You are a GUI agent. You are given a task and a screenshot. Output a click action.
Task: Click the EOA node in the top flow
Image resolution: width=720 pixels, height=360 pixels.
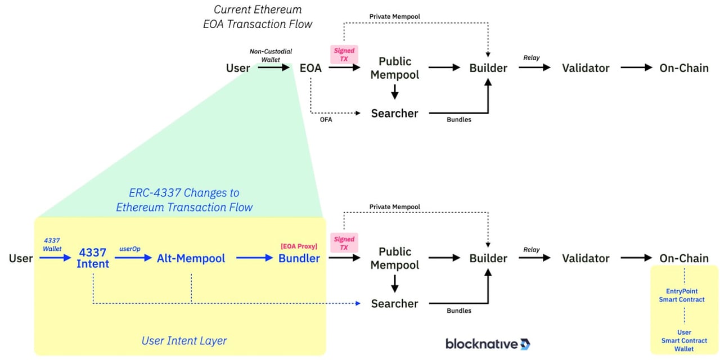tap(310, 68)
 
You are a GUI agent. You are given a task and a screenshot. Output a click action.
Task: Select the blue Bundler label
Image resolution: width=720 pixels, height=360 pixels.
tap(299, 258)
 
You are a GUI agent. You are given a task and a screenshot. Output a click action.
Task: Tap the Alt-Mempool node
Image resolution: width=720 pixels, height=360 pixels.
tap(191, 258)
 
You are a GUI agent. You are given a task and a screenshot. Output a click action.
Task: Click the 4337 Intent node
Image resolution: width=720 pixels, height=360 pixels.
tap(93, 258)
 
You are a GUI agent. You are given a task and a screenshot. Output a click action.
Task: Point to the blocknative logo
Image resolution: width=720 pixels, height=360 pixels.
tap(487, 344)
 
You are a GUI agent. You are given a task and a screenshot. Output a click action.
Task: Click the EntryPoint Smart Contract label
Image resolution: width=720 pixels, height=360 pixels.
tap(682, 295)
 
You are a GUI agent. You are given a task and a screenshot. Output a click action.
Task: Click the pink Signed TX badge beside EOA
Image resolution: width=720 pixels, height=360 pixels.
tap(344, 55)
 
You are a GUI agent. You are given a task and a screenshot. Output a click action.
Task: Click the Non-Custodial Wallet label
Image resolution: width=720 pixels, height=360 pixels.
tap(271, 55)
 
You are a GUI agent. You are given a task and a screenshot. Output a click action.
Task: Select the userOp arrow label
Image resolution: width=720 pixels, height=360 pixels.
tap(129, 248)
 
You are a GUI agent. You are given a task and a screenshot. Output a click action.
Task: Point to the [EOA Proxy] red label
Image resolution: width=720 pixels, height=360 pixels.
tap(299, 246)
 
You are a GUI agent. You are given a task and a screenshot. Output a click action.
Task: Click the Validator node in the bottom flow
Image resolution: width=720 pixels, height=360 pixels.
tap(586, 258)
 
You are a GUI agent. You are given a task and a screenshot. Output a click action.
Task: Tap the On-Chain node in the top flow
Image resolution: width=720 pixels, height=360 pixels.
tap(684, 68)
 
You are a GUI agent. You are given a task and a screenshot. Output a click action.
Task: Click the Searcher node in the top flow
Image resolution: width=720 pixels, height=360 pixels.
tap(394, 114)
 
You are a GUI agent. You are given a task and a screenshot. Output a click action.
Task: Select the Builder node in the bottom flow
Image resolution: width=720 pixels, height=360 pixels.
tap(488, 258)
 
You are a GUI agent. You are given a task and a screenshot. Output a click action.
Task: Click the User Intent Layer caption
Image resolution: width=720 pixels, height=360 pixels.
tap(184, 340)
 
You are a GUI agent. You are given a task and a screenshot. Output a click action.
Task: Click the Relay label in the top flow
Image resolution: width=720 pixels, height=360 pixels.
tap(531, 57)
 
